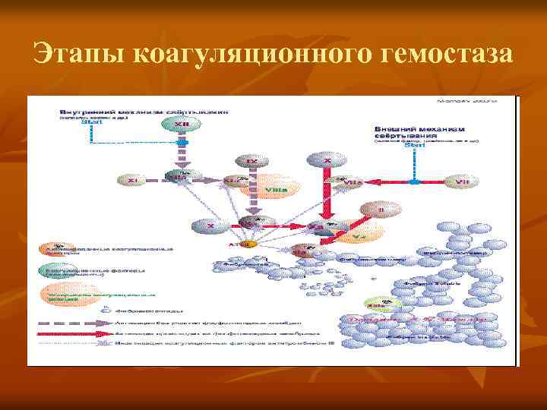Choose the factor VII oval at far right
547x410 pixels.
pyautogui.click(x=460, y=182)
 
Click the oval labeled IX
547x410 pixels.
pyautogui.click(x=251, y=161)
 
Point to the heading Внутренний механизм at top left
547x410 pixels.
pyautogui.click(x=144, y=111)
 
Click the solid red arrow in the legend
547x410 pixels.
pyautogui.click(x=68, y=333)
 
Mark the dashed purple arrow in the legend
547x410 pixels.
pyautogui.click(x=68, y=322)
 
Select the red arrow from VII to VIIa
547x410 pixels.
pyautogui.click(x=387, y=182)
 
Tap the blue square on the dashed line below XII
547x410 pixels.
pyautogui.click(x=181, y=142)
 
